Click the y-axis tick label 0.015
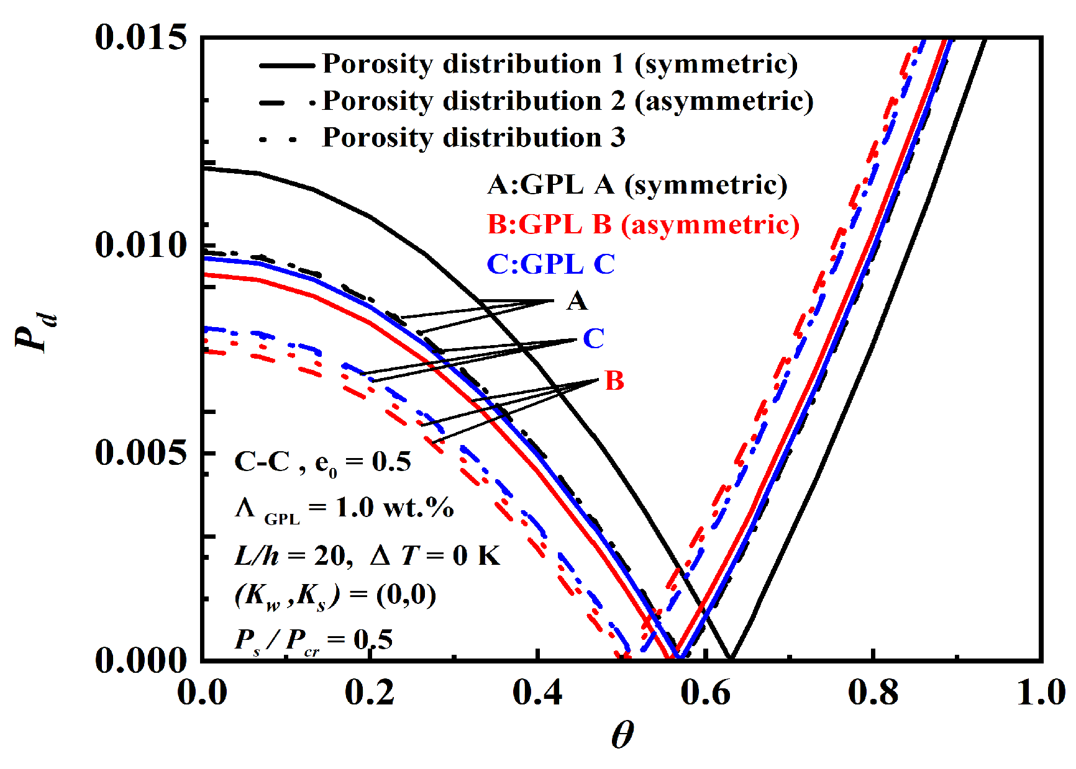(x=141, y=37)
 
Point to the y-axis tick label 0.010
(x=141, y=245)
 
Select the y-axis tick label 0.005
(x=141, y=452)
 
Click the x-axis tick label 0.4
(x=537, y=692)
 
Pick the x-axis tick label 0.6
(x=705, y=692)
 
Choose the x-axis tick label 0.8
(x=873, y=692)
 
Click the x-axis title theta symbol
(x=622, y=736)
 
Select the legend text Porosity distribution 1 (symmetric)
(x=559, y=64)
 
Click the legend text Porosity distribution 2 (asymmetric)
(x=567, y=101)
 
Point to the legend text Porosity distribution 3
(x=473, y=137)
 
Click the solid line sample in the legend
(x=286, y=65)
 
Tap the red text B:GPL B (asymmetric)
(x=643, y=224)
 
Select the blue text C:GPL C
(x=550, y=264)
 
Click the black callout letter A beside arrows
(x=577, y=301)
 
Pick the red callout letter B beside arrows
(x=614, y=380)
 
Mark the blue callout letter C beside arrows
(x=593, y=339)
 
